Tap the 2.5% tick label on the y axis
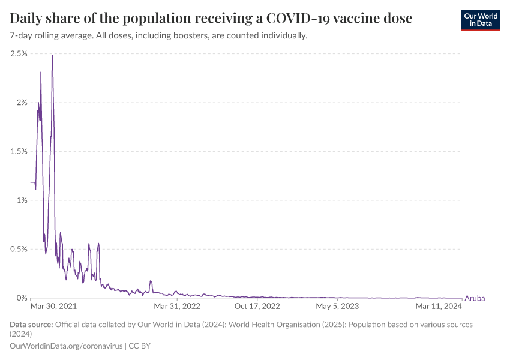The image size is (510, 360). [19, 53]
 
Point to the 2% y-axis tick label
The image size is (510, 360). [22, 103]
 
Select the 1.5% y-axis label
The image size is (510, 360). [19, 151]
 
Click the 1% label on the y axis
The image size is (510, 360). [22, 200]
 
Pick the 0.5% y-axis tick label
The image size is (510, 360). [19, 249]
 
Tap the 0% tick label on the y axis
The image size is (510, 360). [22, 298]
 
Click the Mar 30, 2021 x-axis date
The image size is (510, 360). [53, 307]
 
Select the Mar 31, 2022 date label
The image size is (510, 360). [177, 307]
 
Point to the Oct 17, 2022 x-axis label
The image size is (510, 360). [257, 307]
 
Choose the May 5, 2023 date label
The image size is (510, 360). [337, 307]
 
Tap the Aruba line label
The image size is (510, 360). [475, 298]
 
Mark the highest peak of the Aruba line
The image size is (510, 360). [53, 55]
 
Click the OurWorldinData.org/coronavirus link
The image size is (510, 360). [66, 346]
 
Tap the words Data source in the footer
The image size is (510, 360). [31, 325]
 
